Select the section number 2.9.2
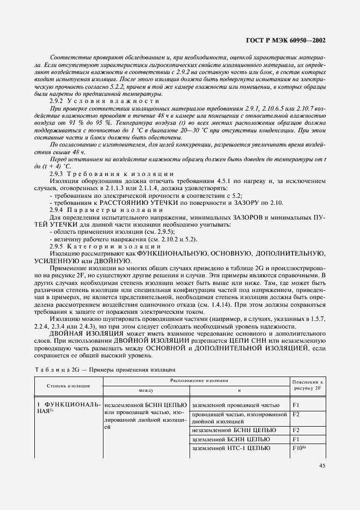click(58, 101)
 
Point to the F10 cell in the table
click(300, 447)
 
